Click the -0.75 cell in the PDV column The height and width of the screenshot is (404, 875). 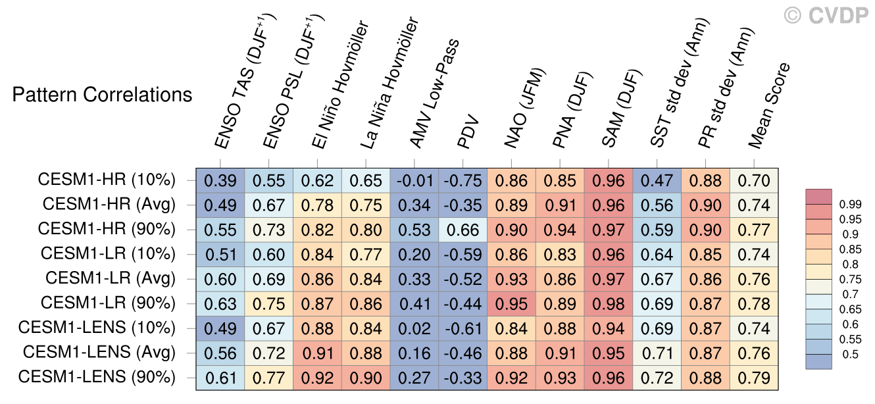(463, 180)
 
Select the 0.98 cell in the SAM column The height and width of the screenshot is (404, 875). (609, 303)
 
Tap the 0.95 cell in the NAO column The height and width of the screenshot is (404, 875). (511, 303)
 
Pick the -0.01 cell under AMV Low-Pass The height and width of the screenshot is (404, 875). (414, 180)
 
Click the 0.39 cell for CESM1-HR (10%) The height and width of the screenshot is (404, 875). (220, 180)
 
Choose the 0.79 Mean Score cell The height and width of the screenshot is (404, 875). (754, 378)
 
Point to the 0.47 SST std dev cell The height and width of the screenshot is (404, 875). (657, 180)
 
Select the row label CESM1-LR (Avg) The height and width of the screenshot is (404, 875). (111, 278)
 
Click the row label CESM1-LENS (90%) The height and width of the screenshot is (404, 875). (97, 378)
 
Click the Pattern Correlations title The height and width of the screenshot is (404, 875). (103, 95)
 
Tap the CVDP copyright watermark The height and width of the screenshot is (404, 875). (826, 14)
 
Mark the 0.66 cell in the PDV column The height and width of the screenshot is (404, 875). (463, 229)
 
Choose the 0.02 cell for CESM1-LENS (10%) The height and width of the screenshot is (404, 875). (414, 328)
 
